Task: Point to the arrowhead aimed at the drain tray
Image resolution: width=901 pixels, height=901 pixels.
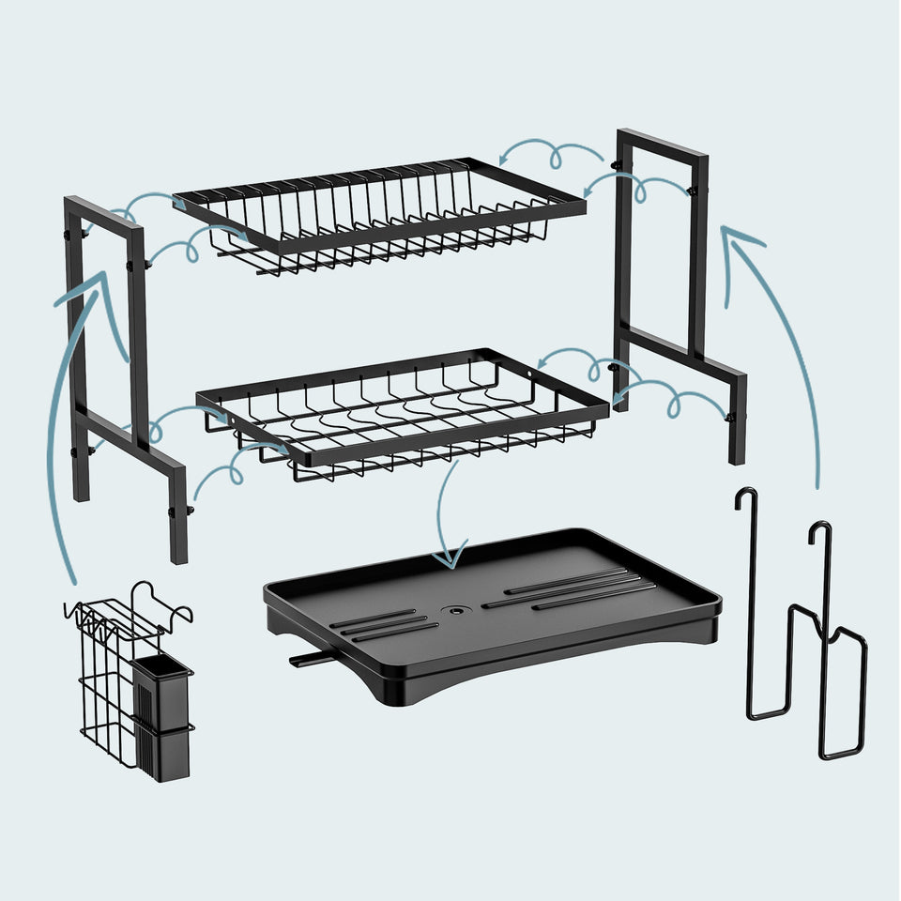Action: click(x=449, y=560)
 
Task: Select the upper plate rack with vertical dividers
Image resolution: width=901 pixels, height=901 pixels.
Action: click(x=375, y=216)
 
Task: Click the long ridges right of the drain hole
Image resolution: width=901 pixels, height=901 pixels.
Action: click(x=573, y=587)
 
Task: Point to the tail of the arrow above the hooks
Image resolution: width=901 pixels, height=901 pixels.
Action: click(x=815, y=483)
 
